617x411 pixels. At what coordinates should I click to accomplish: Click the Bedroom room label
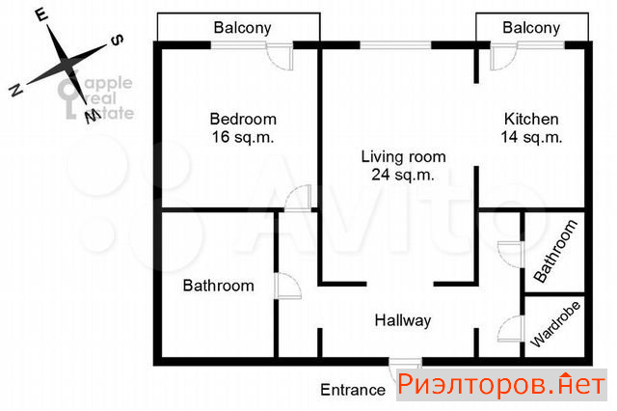[x=243, y=119]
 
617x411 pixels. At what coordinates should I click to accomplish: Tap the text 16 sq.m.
[x=242, y=137]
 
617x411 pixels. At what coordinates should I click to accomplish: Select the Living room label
[x=403, y=156]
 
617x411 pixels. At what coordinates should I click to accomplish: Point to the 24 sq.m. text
[x=403, y=175]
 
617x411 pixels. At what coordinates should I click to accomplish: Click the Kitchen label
[x=531, y=119]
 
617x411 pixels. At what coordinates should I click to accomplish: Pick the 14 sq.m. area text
[x=531, y=137]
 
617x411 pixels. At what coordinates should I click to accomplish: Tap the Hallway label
[x=403, y=320]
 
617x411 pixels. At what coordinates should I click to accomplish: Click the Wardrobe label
[x=555, y=324]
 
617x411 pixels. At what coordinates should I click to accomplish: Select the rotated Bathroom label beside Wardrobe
[x=555, y=251]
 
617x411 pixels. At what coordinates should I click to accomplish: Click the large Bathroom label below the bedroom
[x=219, y=286]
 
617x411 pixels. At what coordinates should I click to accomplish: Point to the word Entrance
[x=353, y=390]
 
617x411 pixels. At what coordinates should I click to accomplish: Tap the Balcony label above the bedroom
[x=242, y=28]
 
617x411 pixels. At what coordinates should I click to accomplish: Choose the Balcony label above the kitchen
[x=531, y=28]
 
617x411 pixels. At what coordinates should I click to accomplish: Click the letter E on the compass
[x=41, y=15]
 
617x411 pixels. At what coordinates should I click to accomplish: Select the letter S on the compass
[x=117, y=41]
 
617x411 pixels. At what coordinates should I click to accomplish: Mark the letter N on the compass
[x=15, y=90]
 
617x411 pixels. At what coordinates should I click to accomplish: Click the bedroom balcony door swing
[x=280, y=58]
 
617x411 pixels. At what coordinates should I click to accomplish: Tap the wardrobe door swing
[x=511, y=329]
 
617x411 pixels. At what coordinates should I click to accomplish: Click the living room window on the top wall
[x=396, y=45]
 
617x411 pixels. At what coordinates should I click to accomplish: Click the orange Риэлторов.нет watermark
[x=501, y=385]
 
